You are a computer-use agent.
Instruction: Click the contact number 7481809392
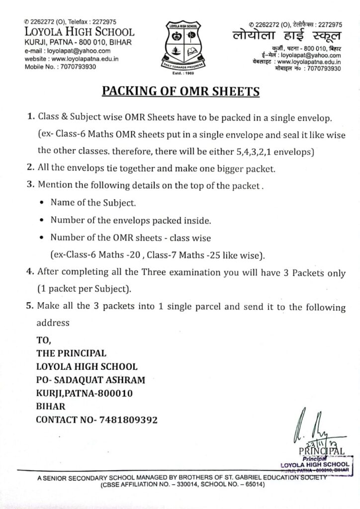coord(97,420)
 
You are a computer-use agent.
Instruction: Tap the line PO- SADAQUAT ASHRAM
coord(91,380)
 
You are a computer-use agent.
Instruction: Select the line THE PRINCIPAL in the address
coord(71,353)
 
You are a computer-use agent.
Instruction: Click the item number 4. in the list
coord(29,273)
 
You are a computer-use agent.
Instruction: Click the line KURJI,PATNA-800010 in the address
coord(84,393)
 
